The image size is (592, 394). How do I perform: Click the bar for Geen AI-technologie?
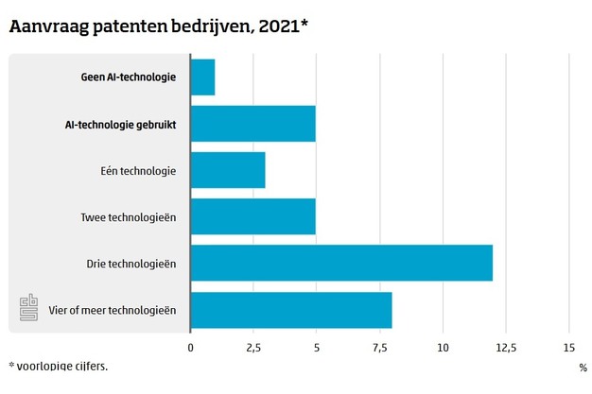(x=203, y=77)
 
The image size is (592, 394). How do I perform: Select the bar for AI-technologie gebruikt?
(x=253, y=124)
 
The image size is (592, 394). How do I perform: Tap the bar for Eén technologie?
(x=228, y=170)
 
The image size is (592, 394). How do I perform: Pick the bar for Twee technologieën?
(x=253, y=216)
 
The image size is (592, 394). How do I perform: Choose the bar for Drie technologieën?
(x=341, y=263)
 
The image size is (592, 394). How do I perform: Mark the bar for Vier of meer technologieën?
(x=291, y=309)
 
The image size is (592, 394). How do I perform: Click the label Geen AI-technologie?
(x=129, y=77)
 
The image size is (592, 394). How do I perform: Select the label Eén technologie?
(x=137, y=170)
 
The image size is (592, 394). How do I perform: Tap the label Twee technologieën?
(x=129, y=216)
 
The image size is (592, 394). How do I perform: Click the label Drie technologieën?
(x=131, y=263)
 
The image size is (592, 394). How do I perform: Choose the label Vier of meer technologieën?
(x=113, y=309)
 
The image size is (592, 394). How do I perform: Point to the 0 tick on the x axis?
(x=191, y=347)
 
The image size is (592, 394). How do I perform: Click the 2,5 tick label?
(x=253, y=347)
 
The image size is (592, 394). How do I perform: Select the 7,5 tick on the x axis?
(x=379, y=347)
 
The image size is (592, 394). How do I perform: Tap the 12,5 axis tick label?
(x=505, y=347)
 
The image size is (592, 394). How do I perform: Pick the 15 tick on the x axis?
(x=568, y=347)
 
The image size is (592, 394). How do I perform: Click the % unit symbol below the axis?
(x=582, y=367)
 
